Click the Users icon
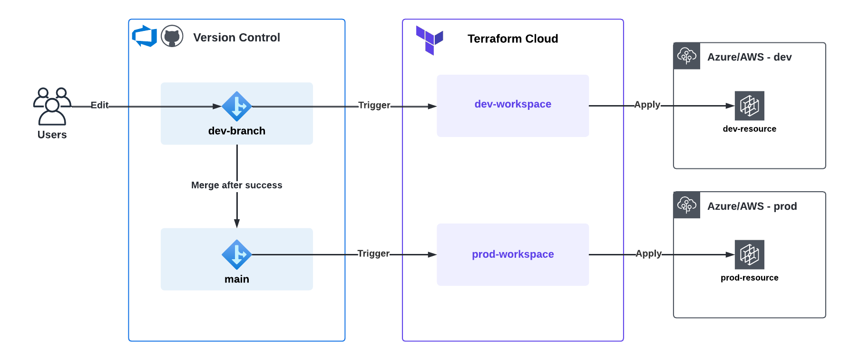click(52, 107)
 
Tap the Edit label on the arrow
click(99, 105)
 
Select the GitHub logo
click(172, 36)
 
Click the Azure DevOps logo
click(145, 36)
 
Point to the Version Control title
click(236, 38)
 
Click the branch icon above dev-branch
click(236, 107)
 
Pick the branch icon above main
click(236, 255)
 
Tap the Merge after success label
click(236, 185)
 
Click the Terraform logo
click(430, 40)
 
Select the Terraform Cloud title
click(512, 39)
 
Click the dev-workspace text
click(513, 104)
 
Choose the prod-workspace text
click(513, 254)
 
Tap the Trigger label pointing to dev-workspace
click(374, 105)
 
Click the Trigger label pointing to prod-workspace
click(373, 253)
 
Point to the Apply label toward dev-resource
click(647, 105)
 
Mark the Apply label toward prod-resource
click(648, 253)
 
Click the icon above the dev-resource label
click(749, 106)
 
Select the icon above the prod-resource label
click(749, 255)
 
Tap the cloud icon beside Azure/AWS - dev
click(687, 56)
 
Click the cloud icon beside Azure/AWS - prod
click(687, 205)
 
